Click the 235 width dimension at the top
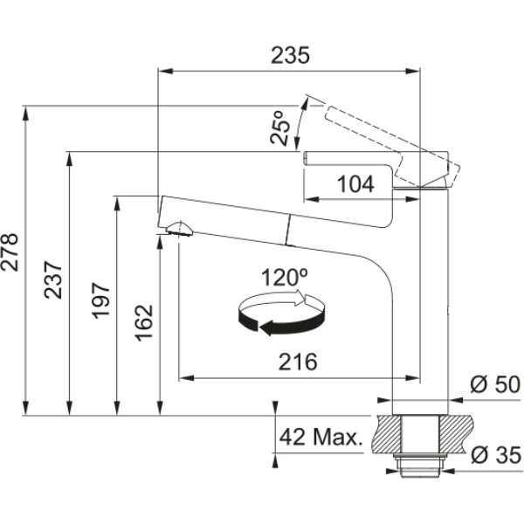coord(290,55)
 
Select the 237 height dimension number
coord(53,280)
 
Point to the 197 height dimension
coord(101,300)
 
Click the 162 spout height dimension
coord(144,323)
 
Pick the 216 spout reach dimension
coord(298,362)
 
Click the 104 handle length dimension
coord(355,184)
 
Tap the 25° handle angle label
coord(280,128)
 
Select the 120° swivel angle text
coord(284,277)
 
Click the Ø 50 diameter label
coord(495,384)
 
